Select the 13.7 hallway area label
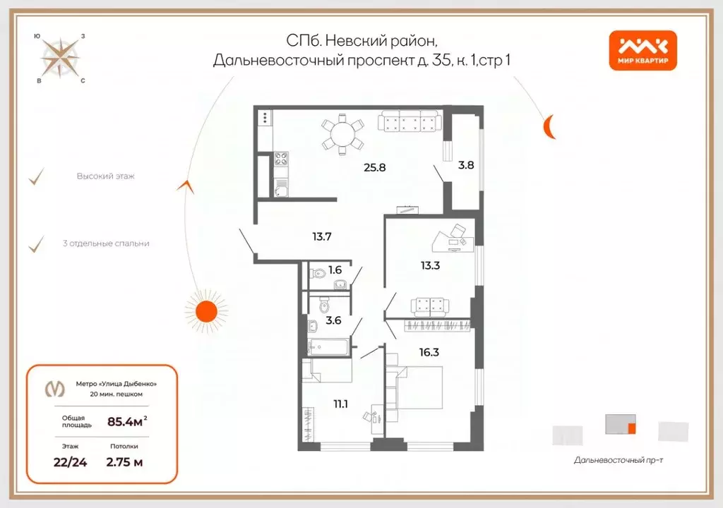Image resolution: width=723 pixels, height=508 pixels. (321, 236)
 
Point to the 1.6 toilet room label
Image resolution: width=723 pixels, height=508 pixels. (335, 269)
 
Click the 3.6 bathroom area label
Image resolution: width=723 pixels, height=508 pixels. (333, 320)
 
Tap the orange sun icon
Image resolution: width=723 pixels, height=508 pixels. (206, 310)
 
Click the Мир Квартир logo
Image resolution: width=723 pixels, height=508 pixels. (643, 51)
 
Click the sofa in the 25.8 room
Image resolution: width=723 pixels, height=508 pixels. (409, 123)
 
